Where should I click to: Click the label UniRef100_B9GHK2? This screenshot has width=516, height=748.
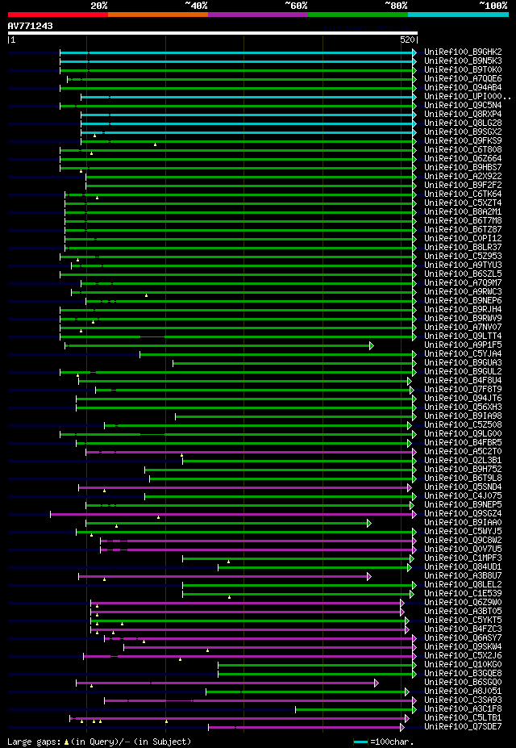pos(463,52)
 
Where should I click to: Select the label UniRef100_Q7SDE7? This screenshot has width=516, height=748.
pos(463,727)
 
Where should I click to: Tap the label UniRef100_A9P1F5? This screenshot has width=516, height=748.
pos(463,345)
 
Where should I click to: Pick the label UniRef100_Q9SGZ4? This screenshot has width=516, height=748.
pos(463,514)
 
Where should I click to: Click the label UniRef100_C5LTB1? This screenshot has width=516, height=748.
pos(463,718)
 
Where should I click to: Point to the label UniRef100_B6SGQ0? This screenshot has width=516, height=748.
pos(463,683)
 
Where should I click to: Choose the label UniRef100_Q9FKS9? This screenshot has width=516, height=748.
pos(463,141)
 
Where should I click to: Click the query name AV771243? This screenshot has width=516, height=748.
pos(31,27)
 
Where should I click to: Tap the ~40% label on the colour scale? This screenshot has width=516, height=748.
pos(196,5)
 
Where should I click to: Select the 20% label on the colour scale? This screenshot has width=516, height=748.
pos(98,5)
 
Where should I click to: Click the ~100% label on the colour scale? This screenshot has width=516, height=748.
pos(493,5)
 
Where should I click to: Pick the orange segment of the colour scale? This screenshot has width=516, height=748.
pos(157,15)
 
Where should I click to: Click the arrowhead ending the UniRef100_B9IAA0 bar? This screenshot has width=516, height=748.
pos(369,523)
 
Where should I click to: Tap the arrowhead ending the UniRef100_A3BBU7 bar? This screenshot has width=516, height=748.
pos(369,576)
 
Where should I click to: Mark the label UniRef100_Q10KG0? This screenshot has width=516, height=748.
pos(463,665)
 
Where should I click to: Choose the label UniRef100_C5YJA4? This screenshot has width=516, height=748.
pos(463,354)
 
